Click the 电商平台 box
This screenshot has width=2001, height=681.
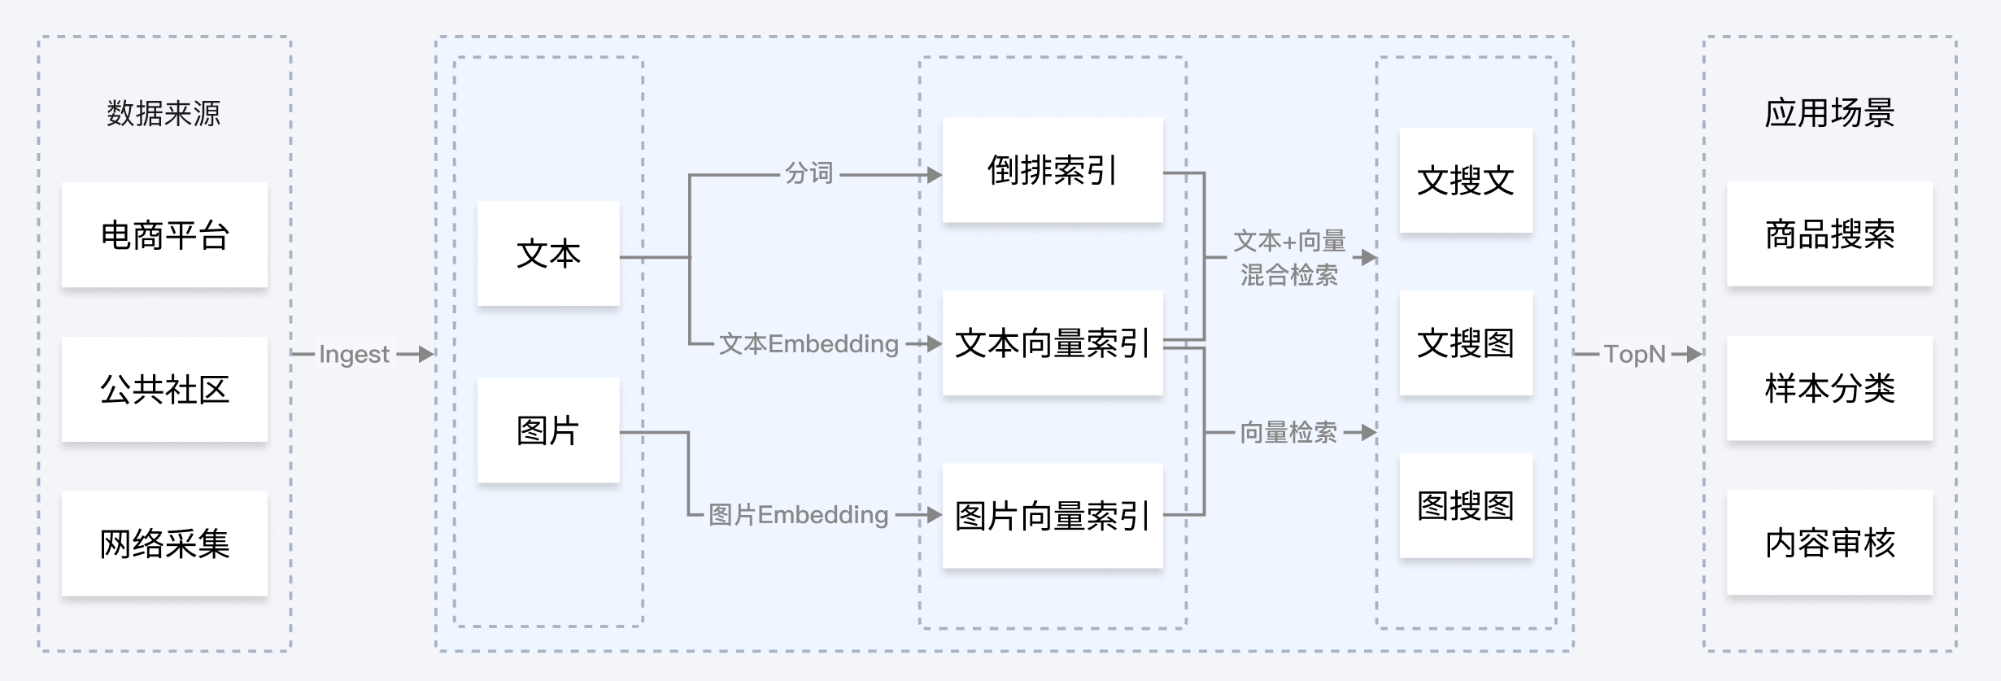coord(164,235)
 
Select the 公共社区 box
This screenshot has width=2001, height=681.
coord(164,389)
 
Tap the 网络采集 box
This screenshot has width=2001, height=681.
coord(164,543)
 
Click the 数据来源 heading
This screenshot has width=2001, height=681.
coord(163,113)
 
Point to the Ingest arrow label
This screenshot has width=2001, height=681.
coord(354,354)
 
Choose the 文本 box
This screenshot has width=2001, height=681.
coord(548,254)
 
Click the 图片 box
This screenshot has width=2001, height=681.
coord(548,430)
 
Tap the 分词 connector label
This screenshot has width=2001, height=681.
coord(809,172)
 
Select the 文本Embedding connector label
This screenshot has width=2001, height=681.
coord(809,343)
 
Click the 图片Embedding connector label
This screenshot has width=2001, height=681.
coord(798,514)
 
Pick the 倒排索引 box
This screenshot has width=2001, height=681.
coord(1053,170)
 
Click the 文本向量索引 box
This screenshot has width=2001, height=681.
coord(1053,343)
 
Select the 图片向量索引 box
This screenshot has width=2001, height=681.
coord(1053,516)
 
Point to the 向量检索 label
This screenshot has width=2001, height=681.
coord(1288,432)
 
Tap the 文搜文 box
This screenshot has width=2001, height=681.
coord(1466,181)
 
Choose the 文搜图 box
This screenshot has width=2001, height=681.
coord(1466,343)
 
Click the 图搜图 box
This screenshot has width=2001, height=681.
coord(1466,506)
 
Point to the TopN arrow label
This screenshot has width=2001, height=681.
coord(1635,354)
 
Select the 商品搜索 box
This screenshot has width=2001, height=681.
coord(1829,234)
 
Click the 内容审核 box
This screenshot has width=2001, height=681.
coord(1829,543)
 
